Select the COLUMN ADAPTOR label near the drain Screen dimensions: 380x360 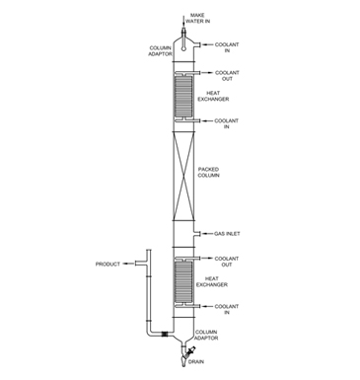pyautogui.click(x=206, y=335)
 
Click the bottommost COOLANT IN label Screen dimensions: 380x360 pyautogui.click(x=227, y=309)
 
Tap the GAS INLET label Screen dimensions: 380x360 pyautogui.click(x=227, y=234)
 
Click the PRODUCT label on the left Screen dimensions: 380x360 pyautogui.click(x=108, y=265)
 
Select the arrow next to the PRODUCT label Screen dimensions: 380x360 pyautogui.click(x=130, y=265)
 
